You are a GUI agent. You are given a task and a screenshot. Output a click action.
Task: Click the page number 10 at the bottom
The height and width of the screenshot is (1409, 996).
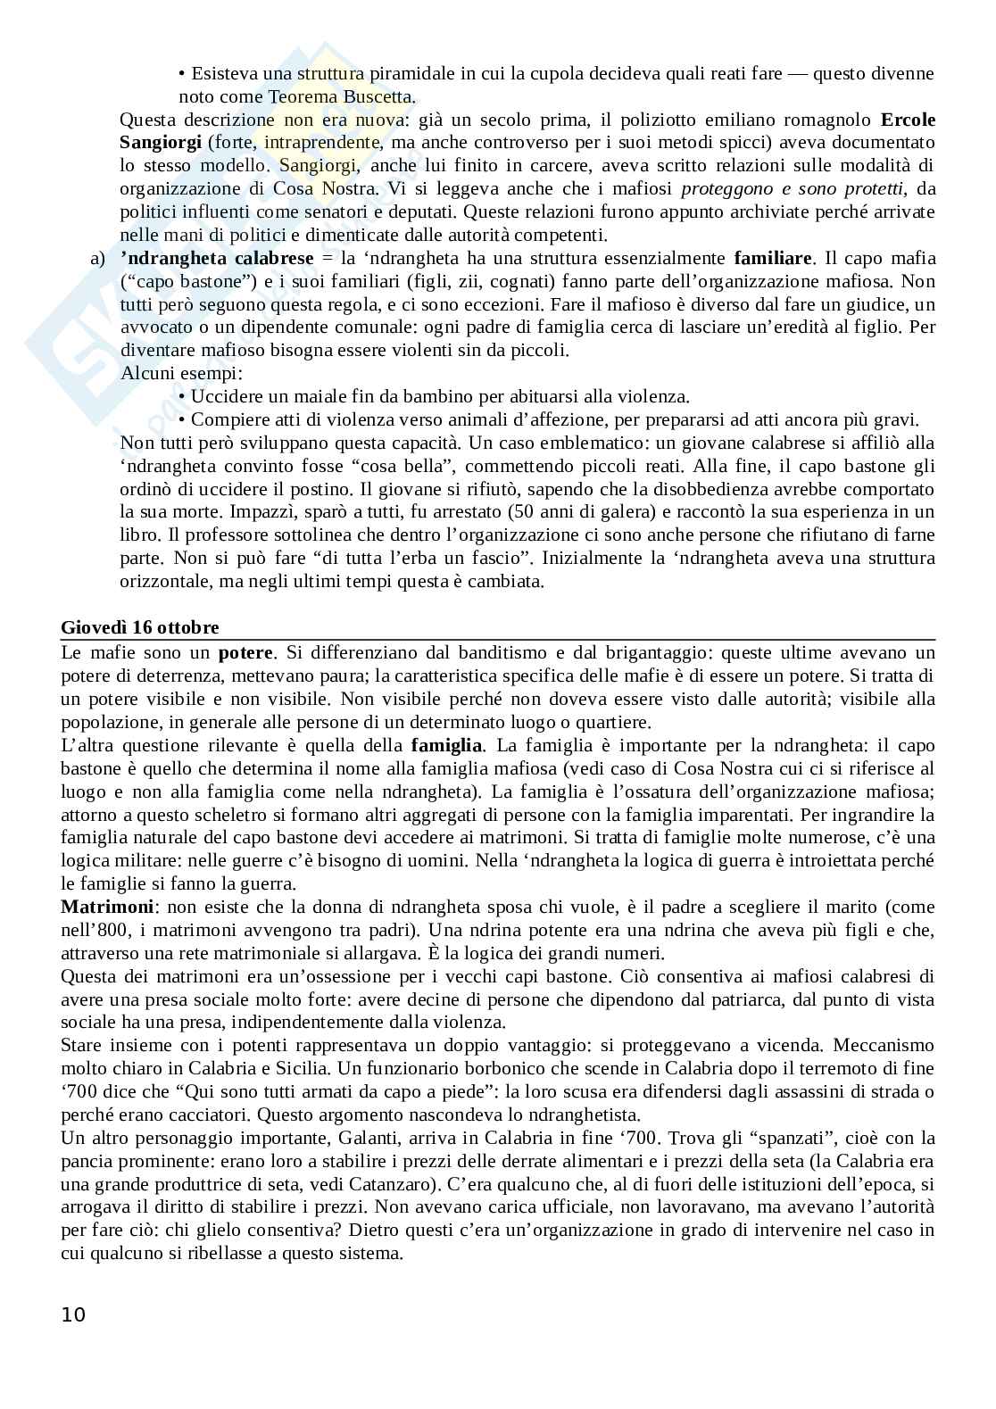(73, 1314)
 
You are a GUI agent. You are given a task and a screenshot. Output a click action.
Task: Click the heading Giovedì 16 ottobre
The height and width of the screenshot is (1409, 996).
(139, 627)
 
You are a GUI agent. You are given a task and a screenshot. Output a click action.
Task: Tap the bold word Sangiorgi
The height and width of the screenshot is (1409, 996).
(160, 142)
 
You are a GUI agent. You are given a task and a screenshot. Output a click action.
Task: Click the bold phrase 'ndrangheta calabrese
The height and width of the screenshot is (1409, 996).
(217, 258)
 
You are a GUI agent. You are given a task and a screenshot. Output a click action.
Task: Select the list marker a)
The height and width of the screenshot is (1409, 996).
(97, 258)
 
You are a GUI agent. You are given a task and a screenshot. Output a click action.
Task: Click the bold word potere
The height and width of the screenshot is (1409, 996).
(247, 652)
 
